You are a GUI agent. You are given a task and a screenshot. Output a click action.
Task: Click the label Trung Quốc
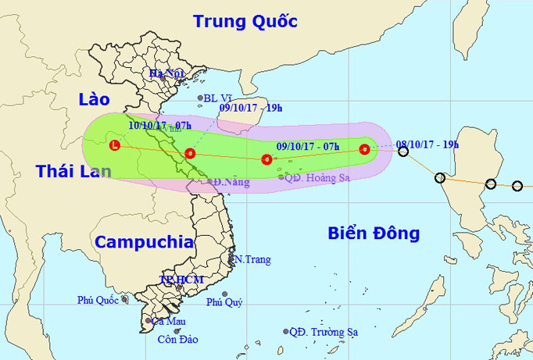[x=245, y=21]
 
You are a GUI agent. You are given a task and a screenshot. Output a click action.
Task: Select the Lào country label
[x=95, y=98]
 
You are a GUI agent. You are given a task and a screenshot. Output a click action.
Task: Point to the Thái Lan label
[x=73, y=172]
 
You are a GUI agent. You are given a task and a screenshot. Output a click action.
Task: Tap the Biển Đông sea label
[x=373, y=233]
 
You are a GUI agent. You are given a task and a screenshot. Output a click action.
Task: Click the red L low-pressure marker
[x=116, y=145]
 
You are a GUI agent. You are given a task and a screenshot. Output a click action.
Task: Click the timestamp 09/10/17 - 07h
[x=308, y=145]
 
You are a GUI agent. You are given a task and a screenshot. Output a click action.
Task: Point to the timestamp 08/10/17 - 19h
[x=427, y=144]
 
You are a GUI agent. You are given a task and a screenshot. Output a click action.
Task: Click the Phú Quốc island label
[x=100, y=300]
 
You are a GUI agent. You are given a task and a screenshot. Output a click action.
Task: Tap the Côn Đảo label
[x=177, y=340]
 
